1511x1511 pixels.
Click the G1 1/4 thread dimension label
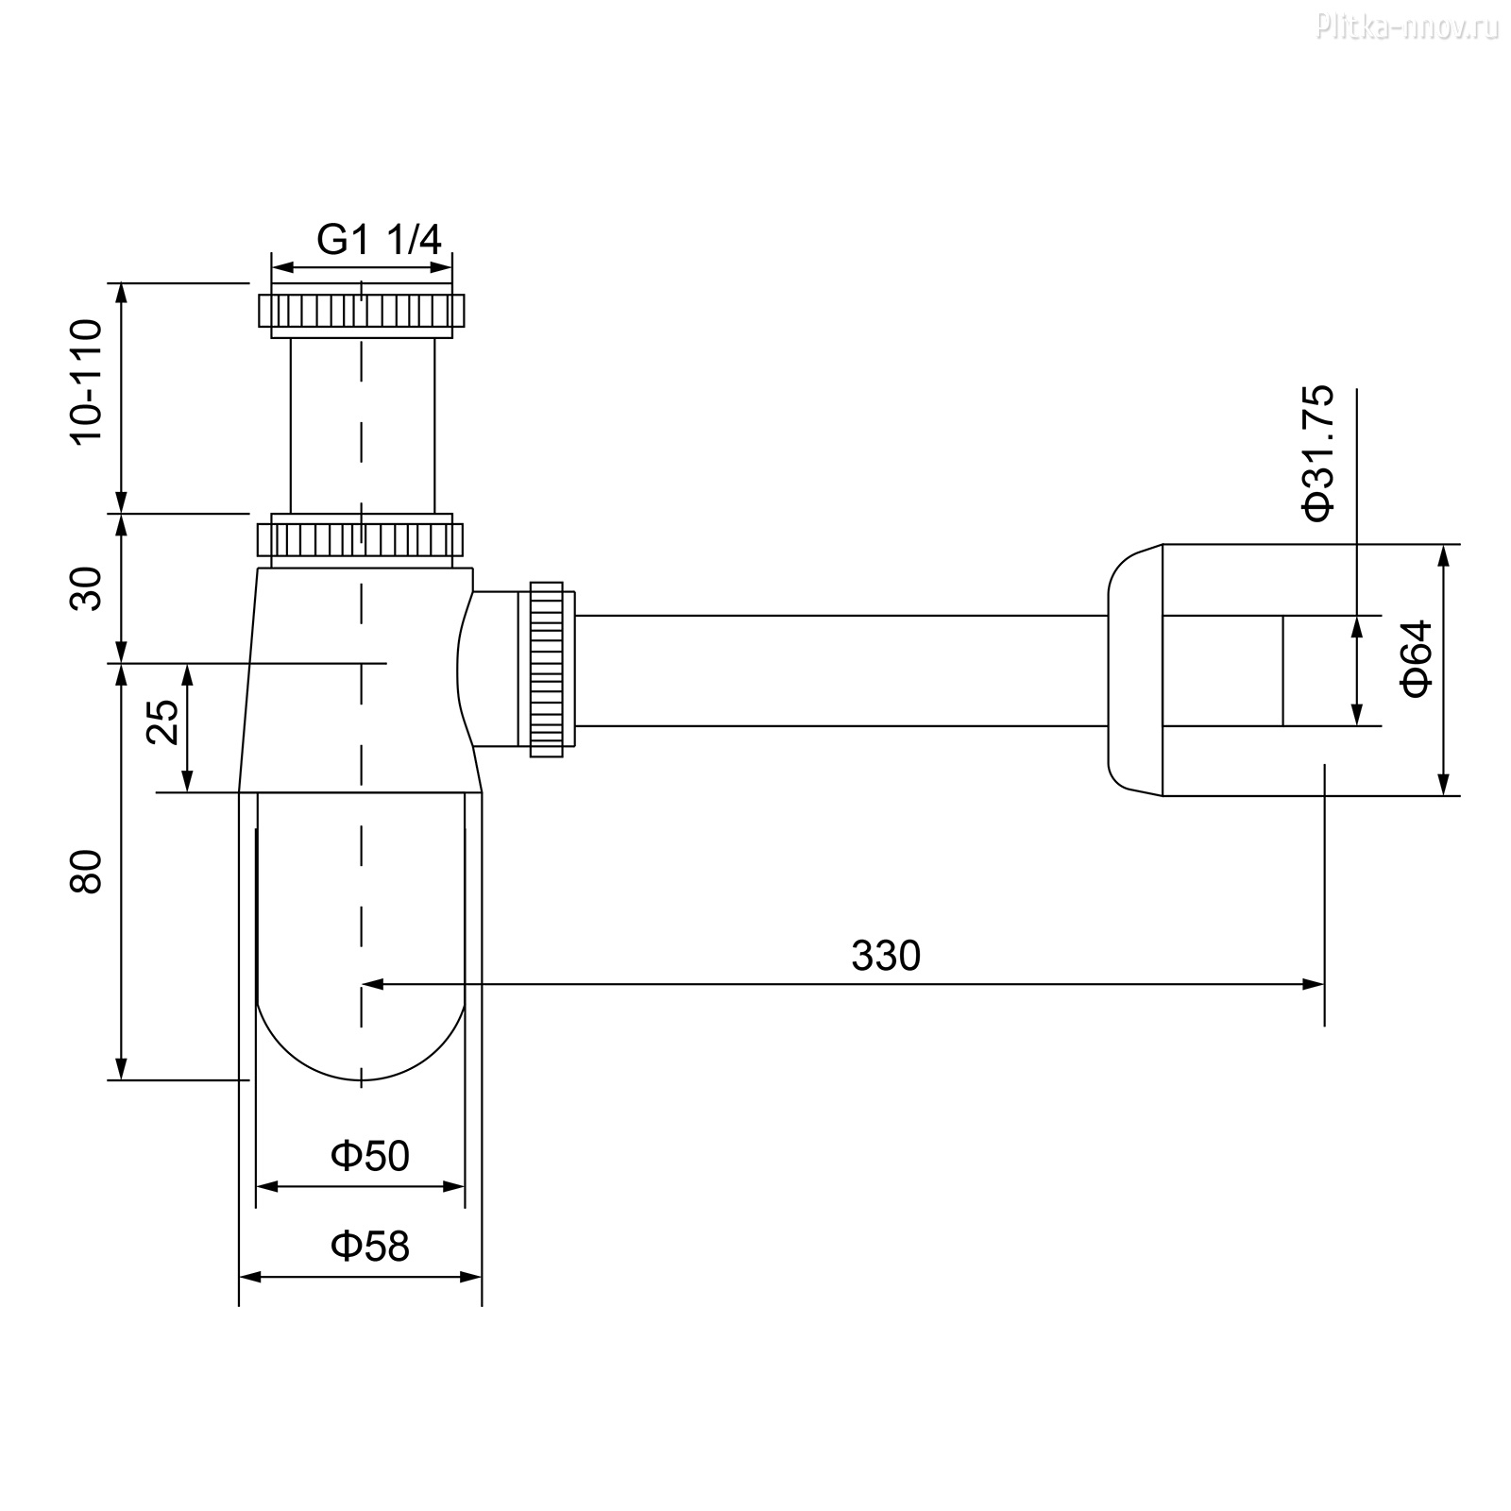(379, 240)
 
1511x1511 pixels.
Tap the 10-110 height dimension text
(86, 381)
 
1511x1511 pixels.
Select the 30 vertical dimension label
(86, 588)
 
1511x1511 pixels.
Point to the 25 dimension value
(163, 722)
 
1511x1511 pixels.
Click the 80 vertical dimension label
(86, 871)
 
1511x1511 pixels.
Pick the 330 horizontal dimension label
(885, 956)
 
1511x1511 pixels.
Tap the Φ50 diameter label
(369, 1155)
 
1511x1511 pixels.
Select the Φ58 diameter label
(369, 1246)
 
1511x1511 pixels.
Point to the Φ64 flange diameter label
(1418, 658)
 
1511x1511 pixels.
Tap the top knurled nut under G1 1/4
(361, 310)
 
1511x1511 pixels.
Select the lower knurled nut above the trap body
(361, 539)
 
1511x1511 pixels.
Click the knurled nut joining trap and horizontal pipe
(547, 670)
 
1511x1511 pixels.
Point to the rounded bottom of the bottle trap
(361, 1039)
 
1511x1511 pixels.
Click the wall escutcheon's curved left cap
(1135, 670)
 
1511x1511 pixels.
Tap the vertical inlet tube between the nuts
(363, 425)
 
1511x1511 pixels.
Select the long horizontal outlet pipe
(841, 671)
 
